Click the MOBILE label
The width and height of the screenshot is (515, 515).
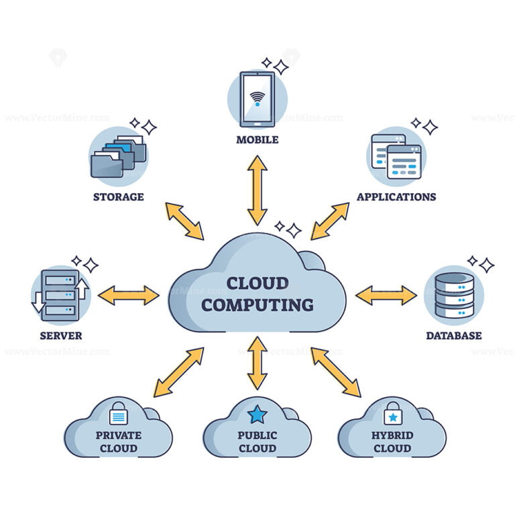[x=257, y=140]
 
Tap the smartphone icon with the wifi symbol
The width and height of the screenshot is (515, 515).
[x=257, y=99]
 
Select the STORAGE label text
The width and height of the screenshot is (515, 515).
[x=119, y=196]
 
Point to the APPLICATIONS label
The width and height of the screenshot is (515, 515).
[x=396, y=196]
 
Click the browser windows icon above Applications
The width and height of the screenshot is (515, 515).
[x=396, y=156]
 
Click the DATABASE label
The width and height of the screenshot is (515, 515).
[x=454, y=335]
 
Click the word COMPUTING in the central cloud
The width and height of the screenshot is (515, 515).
[x=257, y=305]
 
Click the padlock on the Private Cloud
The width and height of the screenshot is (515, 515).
[x=118, y=414]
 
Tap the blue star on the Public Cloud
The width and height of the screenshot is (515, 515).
[x=257, y=414]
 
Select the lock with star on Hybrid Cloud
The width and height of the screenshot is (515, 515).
[x=392, y=414]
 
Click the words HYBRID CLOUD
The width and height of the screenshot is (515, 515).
[x=392, y=441]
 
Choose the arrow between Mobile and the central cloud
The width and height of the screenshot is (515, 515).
[x=257, y=190]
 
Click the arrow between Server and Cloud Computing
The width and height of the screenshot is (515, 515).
[x=128, y=295]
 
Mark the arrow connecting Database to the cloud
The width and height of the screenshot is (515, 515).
[x=386, y=295]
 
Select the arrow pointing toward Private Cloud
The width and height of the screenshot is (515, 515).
[x=178, y=372]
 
